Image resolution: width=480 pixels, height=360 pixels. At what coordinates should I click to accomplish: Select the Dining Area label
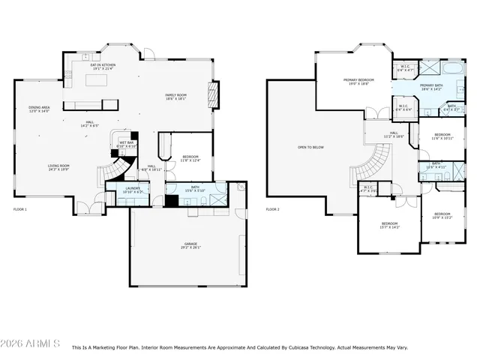pyautogui.click(x=39, y=109)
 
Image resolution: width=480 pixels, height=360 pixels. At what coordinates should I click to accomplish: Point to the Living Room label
pyautogui.click(x=58, y=167)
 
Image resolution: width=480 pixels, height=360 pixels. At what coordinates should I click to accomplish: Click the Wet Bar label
pyautogui.click(x=125, y=145)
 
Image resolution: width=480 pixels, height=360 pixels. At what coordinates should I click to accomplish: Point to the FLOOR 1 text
pyautogui.click(x=20, y=209)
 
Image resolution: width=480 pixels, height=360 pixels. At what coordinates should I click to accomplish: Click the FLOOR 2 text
pyautogui.click(x=273, y=209)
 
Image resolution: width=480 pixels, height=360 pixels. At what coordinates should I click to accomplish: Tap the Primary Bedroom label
pyautogui.click(x=358, y=81)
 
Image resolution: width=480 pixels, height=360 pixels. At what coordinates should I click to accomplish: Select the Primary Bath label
pyautogui.click(x=432, y=87)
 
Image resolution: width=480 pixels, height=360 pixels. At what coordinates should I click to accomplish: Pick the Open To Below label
pyautogui.click(x=310, y=147)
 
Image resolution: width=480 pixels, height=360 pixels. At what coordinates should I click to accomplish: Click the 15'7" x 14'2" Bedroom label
pyautogui.click(x=389, y=225)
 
